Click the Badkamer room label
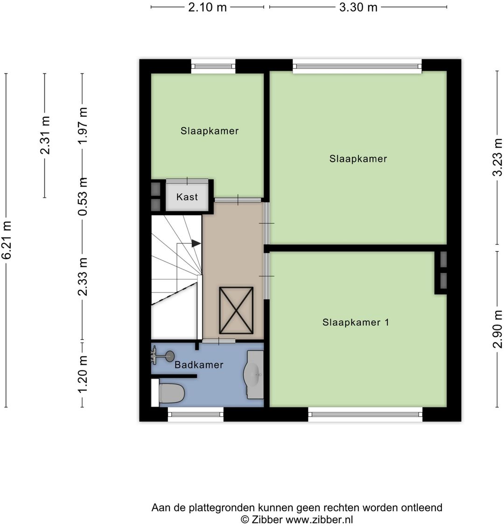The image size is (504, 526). pos(199,365)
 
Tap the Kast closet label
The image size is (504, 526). pos(187,197)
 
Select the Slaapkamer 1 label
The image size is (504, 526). pos(356,322)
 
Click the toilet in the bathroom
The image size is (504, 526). pos(171,393)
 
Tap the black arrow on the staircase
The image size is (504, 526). pos(196,243)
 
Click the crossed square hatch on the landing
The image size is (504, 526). pos(236,311)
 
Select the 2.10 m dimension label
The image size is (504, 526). pos(208,7)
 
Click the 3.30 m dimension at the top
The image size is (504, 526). pos(358,7)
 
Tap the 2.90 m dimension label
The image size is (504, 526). pos(498,329)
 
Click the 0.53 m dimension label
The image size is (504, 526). pos(83,196)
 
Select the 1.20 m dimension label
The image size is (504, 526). pos(83,375)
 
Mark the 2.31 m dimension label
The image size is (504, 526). pos(45,135)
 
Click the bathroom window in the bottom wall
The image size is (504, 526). pos(196,414)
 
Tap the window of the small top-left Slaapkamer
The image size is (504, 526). pos(213,66)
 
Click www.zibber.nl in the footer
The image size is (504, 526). pos(319,519)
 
